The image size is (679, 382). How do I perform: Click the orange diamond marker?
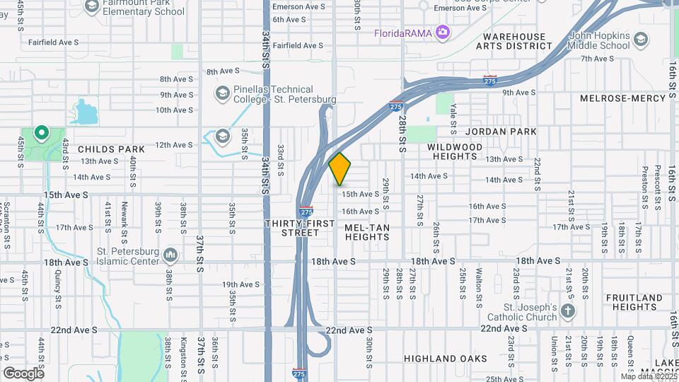tap(340, 169)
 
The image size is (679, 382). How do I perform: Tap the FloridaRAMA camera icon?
tap(443, 32)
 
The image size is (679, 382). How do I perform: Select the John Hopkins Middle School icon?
tap(641, 38)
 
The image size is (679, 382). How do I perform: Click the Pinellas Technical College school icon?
tap(222, 93)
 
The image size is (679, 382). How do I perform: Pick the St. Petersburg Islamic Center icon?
tap(170, 254)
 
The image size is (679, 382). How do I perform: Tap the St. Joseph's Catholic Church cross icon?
tap(569, 311)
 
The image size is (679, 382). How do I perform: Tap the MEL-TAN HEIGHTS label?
tap(366, 232)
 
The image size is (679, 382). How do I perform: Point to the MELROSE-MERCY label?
tap(625, 98)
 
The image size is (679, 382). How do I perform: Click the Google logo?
tap(23, 373)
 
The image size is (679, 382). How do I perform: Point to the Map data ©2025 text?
tap(649, 376)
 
